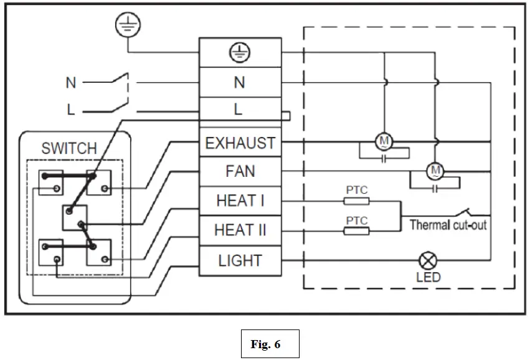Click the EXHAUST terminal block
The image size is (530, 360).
240,143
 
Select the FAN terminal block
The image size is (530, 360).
240,171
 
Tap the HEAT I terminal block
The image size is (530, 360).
240,201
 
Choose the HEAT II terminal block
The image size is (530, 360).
240,230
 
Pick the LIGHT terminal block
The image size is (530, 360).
240,261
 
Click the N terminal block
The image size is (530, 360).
240,82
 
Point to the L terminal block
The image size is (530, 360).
240,110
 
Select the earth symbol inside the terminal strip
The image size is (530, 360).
240,55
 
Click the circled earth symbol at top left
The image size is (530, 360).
128,26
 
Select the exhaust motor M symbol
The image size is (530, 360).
384,142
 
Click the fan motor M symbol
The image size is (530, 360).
435,170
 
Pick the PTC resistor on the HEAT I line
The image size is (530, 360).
356,201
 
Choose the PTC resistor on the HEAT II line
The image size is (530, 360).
356,231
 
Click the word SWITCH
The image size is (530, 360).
69,149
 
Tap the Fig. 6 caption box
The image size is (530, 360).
270,344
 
